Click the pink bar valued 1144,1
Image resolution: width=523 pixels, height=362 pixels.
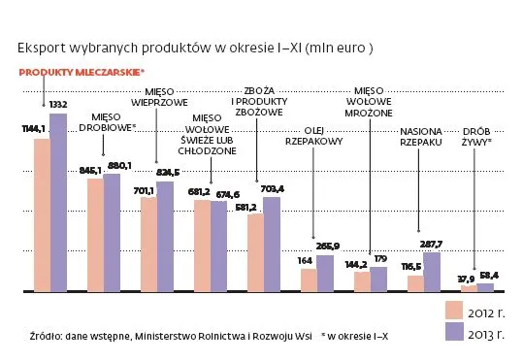coord(42,214)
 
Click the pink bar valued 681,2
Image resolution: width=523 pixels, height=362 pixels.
coord(202,247)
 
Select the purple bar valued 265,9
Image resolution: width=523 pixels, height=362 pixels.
coord(325,275)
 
